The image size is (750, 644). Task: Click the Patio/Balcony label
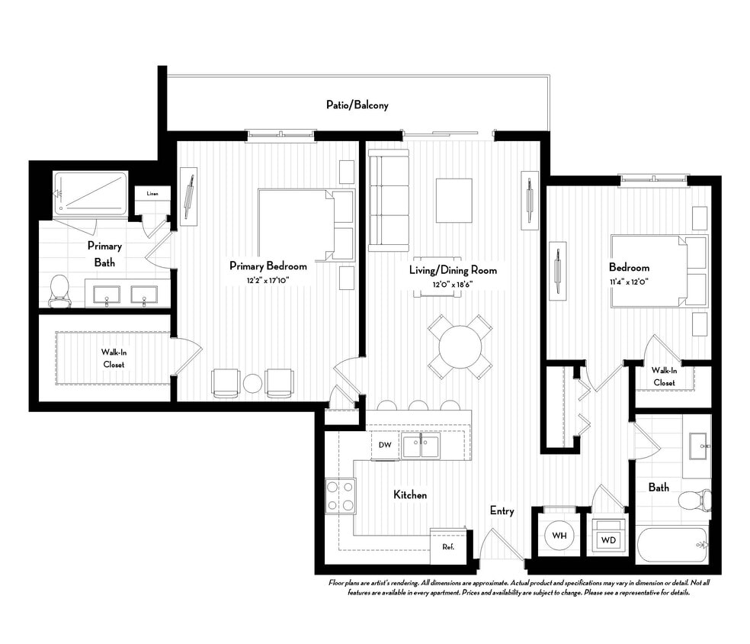coord(357,105)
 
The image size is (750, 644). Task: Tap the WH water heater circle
coord(559,536)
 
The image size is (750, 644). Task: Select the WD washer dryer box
coord(608,539)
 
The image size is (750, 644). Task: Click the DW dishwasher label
coord(385,445)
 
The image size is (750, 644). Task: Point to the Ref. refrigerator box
coord(448,546)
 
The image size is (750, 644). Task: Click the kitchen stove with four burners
coord(340,496)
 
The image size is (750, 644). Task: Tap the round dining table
coord(460,347)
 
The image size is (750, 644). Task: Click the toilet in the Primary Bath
coord(59,290)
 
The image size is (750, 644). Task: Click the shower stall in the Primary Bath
coord(91,193)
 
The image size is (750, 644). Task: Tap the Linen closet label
coord(153,194)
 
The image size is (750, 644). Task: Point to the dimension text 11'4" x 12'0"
coord(629,281)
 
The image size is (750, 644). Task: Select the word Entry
coord(502,510)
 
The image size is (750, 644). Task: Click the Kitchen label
coord(410,494)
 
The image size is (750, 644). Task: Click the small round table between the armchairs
coord(252,383)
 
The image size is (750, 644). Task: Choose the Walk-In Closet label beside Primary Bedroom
coord(114,358)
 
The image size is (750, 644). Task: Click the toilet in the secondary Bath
coord(693,501)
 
